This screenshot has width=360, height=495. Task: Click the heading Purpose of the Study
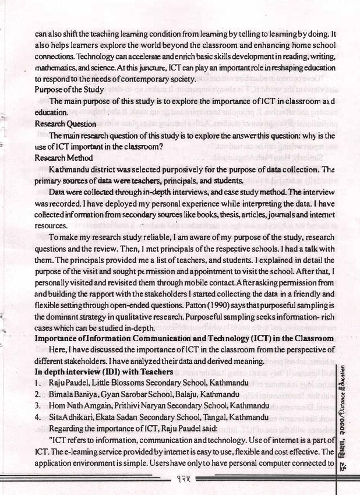pos(69,90)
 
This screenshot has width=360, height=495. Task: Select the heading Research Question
pos(65,124)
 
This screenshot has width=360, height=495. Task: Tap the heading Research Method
pos(62,158)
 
